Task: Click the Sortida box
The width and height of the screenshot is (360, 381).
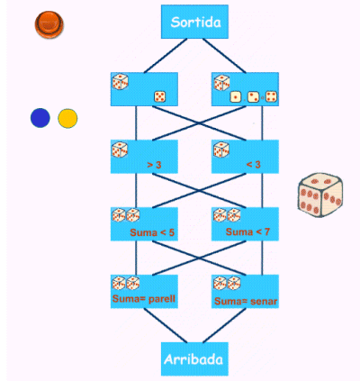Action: (194, 22)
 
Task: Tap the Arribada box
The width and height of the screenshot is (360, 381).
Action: (194, 358)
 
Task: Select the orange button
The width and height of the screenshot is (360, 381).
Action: (49, 24)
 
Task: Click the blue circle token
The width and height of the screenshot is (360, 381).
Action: (40, 118)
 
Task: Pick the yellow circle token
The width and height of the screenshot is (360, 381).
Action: (67, 118)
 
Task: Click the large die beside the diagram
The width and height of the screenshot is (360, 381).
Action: (320, 195)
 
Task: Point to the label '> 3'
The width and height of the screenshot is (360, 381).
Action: (154, 165)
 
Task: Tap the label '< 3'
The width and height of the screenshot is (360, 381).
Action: (254, 165)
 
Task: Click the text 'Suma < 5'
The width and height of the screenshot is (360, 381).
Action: (152, 232)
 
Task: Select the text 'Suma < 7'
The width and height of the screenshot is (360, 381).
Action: (247, 231)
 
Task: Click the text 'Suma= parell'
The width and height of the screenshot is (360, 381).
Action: (144, 299)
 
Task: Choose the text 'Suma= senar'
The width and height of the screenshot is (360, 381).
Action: (246, 301)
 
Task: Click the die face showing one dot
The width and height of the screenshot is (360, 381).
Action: (236, 97)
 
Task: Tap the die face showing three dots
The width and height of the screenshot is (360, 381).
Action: (254, 96)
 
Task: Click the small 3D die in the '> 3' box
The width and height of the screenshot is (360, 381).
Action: (120, 150)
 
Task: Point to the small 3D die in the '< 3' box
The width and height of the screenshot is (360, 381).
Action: (221, 150)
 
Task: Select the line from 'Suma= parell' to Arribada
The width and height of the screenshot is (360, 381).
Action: (166, 325)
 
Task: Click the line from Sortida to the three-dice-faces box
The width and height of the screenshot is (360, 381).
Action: (224, 56)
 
